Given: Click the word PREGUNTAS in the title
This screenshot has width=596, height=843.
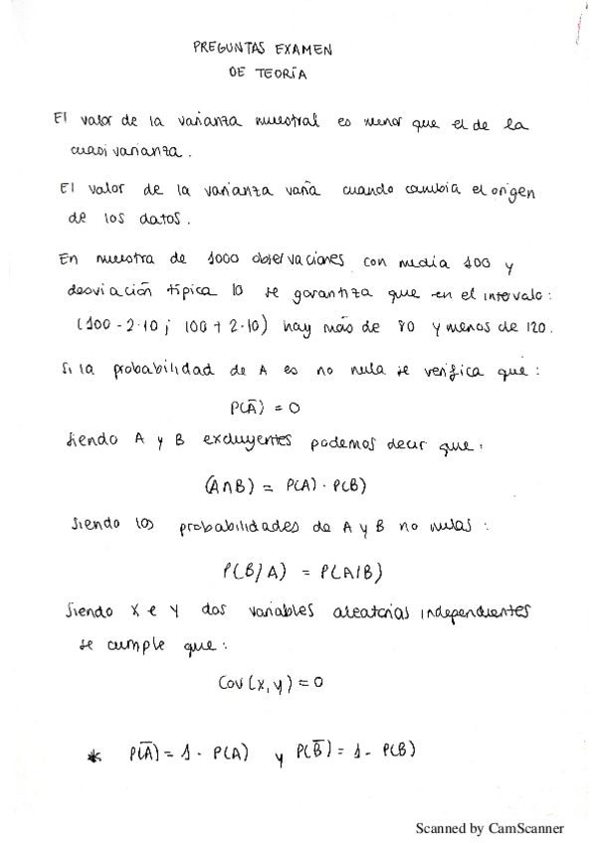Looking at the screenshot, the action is coord(227,47).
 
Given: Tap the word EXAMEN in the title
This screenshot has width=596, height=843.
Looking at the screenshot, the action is coord(299,47).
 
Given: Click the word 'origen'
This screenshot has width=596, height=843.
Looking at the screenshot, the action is coord(507,193).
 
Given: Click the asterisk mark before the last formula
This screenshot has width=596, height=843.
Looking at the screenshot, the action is coord(96,759).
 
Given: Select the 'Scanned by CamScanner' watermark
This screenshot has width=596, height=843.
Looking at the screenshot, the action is coord(489,827).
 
